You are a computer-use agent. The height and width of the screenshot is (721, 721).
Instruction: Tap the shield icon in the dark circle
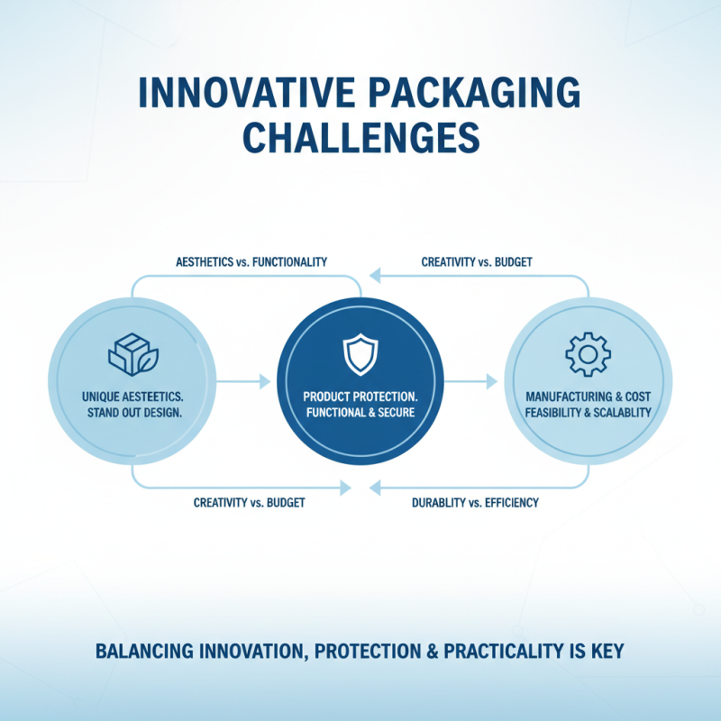360,353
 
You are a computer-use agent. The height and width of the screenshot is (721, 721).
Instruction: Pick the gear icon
588,354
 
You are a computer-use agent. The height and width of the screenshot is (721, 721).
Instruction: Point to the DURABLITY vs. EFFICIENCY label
474,502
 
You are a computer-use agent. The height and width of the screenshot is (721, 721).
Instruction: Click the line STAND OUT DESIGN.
132,414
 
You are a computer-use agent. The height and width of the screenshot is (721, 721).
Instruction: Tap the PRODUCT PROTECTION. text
360,397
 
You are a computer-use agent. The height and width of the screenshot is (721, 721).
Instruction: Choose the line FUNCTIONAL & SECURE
360,414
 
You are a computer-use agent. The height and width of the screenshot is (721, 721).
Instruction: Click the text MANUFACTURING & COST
588,396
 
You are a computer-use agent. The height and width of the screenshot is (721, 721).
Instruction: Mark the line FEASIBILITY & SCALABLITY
588,412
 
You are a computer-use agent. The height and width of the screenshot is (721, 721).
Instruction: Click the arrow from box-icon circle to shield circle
244,382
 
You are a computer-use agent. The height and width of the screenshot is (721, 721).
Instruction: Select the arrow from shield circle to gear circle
471,382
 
